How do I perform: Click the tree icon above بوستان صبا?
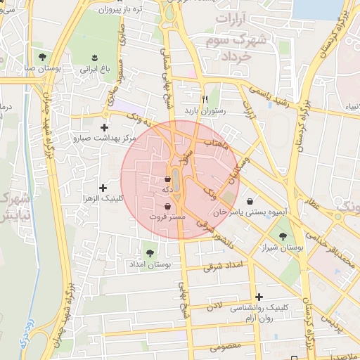(43, 56)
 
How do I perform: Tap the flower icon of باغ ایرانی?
(94, 56)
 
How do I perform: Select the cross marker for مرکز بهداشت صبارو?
(105, 127)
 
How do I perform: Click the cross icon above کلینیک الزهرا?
(103, 187)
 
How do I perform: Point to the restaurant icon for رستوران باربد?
(205, 99)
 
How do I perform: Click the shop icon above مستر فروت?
(167, 206)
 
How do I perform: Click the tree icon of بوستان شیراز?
(283, 236)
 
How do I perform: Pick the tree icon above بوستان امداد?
(148, 252)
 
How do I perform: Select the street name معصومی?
(226, 346)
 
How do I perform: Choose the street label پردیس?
(331, 323)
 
